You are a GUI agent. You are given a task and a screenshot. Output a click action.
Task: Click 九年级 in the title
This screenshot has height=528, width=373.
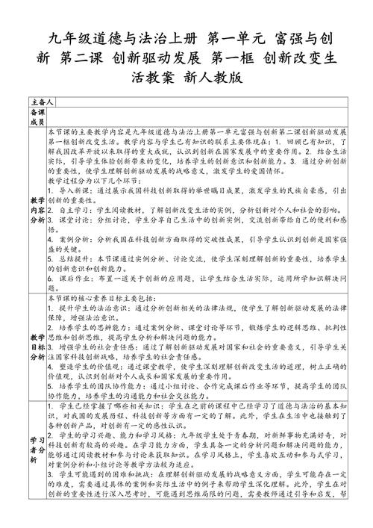pos(71,38)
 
